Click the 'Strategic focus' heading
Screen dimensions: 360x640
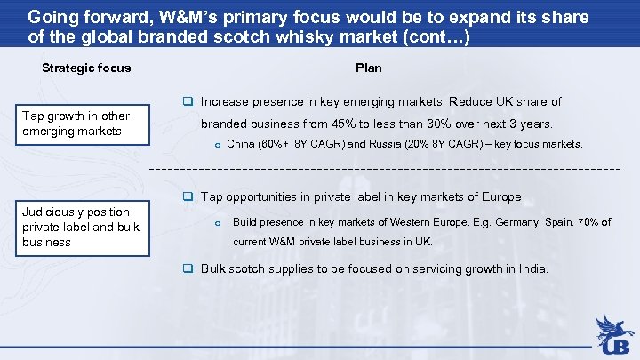click(x=86, y=68)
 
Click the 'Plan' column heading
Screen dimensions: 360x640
click(x=368, y=68)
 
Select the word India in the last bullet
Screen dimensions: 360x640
click(x=531, y=268)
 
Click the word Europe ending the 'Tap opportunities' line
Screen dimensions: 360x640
click(x=500, y=196)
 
